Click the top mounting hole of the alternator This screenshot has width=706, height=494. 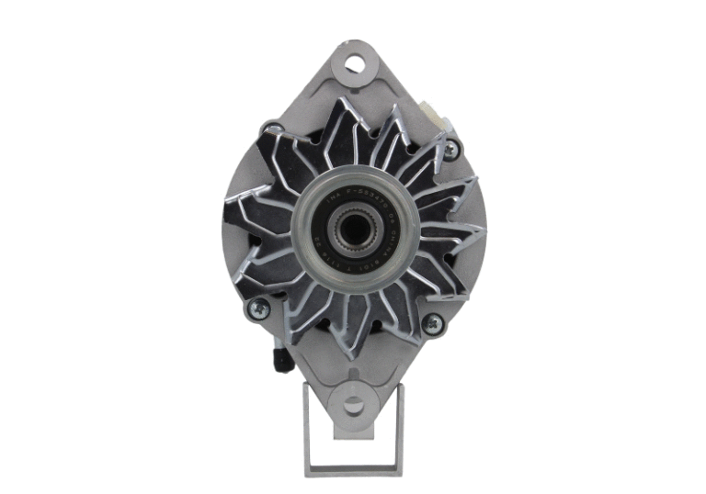click(353, 64)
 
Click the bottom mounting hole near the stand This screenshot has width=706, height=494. click(353, 405)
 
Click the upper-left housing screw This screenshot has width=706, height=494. click(271, 129)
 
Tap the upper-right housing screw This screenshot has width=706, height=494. click(450, 145)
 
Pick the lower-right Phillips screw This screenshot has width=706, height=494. click(431, 323)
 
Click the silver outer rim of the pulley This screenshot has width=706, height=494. click(353, 278)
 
